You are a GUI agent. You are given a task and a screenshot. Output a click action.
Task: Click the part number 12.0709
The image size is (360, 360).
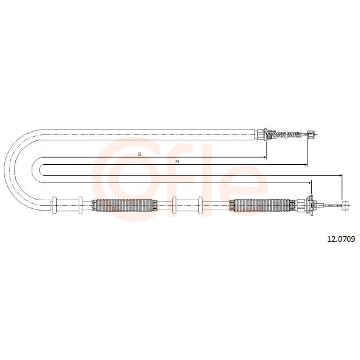[x=341, y=239]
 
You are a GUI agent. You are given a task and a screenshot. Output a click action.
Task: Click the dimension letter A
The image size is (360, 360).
[x=177, y=162]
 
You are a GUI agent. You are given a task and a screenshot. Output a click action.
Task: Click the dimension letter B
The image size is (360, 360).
[x=139, y=154]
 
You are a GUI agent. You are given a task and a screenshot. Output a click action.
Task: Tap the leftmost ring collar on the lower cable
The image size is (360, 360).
[x=54, y=205]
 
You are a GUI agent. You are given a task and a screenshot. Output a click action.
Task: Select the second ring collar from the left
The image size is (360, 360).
[x=81, y=205]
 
